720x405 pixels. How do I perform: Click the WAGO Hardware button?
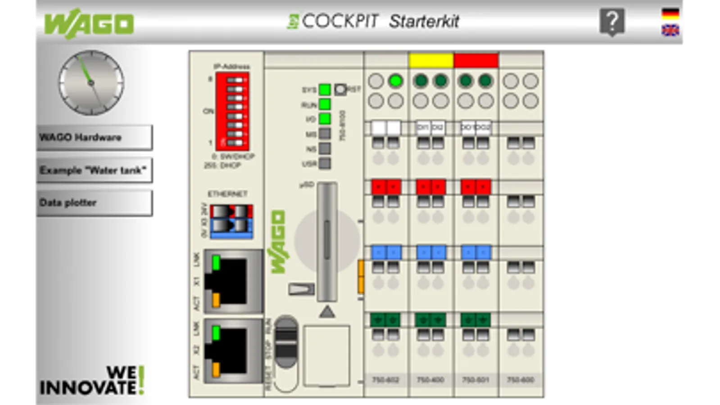94,137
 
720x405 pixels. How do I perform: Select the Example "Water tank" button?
94,170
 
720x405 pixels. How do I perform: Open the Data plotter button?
94,203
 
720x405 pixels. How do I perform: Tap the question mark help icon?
612,21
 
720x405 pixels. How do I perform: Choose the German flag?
670,13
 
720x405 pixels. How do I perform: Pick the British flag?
670,30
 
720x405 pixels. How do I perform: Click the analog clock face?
91,83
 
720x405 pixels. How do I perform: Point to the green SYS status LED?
325,90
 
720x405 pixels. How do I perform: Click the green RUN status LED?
325,104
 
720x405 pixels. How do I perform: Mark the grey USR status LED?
325,163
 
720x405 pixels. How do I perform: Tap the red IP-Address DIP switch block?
232,111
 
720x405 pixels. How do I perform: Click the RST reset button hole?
340,90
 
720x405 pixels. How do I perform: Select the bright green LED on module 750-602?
395,81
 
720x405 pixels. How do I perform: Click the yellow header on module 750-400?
431,60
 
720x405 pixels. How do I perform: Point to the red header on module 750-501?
476,60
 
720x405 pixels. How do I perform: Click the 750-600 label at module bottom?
521,380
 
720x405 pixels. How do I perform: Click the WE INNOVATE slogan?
92,381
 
